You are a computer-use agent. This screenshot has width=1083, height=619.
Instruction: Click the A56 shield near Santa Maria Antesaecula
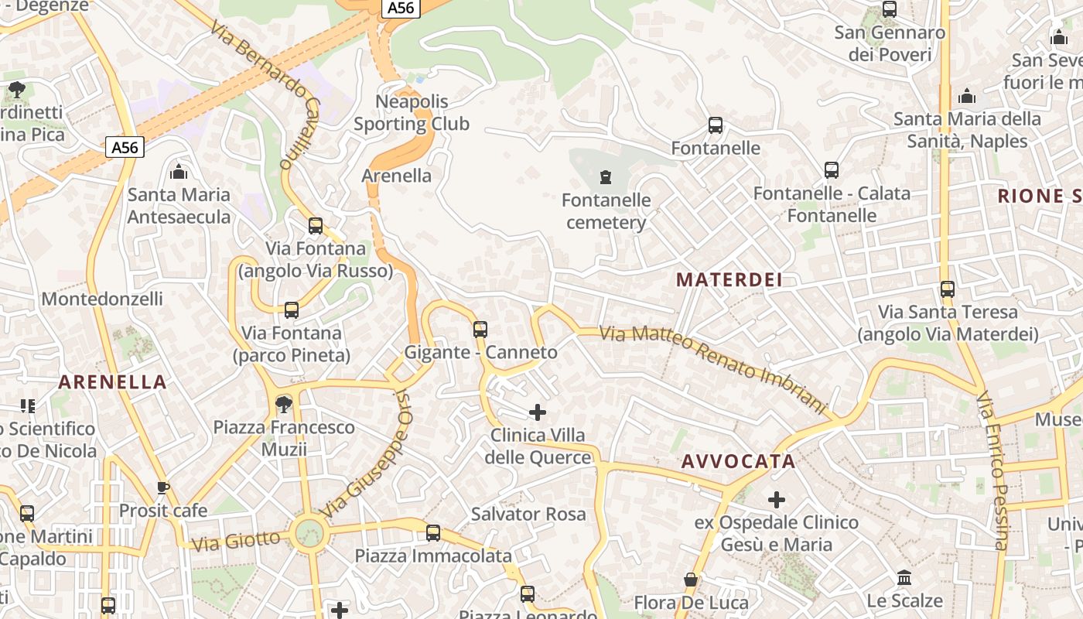pos(125,147)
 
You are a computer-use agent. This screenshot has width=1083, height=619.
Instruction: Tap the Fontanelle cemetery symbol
pos(605,178)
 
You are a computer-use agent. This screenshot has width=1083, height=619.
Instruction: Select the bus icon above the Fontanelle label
pos(716,125)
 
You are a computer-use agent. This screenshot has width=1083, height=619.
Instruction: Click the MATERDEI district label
pos(729,280)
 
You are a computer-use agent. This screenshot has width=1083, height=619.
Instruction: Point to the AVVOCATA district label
pos(738,462)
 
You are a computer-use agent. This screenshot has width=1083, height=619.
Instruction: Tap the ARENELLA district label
pos(113,381)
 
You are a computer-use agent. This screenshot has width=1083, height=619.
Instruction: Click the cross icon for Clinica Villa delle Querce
pos(538,412)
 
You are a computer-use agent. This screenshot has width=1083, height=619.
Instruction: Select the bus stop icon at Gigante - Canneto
pos(480,330)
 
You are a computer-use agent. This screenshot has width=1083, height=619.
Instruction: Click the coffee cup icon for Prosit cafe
pos(162,487)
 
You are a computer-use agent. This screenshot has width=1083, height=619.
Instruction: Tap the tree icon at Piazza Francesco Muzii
pos(284,404)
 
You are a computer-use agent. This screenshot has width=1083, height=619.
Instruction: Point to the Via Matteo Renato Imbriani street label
pos(713,368)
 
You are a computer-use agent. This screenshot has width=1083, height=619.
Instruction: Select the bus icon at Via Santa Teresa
pos(948,289)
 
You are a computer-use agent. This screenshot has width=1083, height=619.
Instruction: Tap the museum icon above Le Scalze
pos(904,578)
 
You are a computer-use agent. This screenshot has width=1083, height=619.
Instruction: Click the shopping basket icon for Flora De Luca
pos(691,580)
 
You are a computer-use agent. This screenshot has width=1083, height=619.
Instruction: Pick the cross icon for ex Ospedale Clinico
pos(777,500)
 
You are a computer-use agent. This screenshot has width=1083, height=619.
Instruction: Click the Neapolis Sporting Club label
pos(412,113)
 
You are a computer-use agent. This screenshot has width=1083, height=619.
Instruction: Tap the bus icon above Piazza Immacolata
pos(433,533)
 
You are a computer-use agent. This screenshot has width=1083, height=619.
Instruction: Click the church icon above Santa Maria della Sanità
pos(967,97)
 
